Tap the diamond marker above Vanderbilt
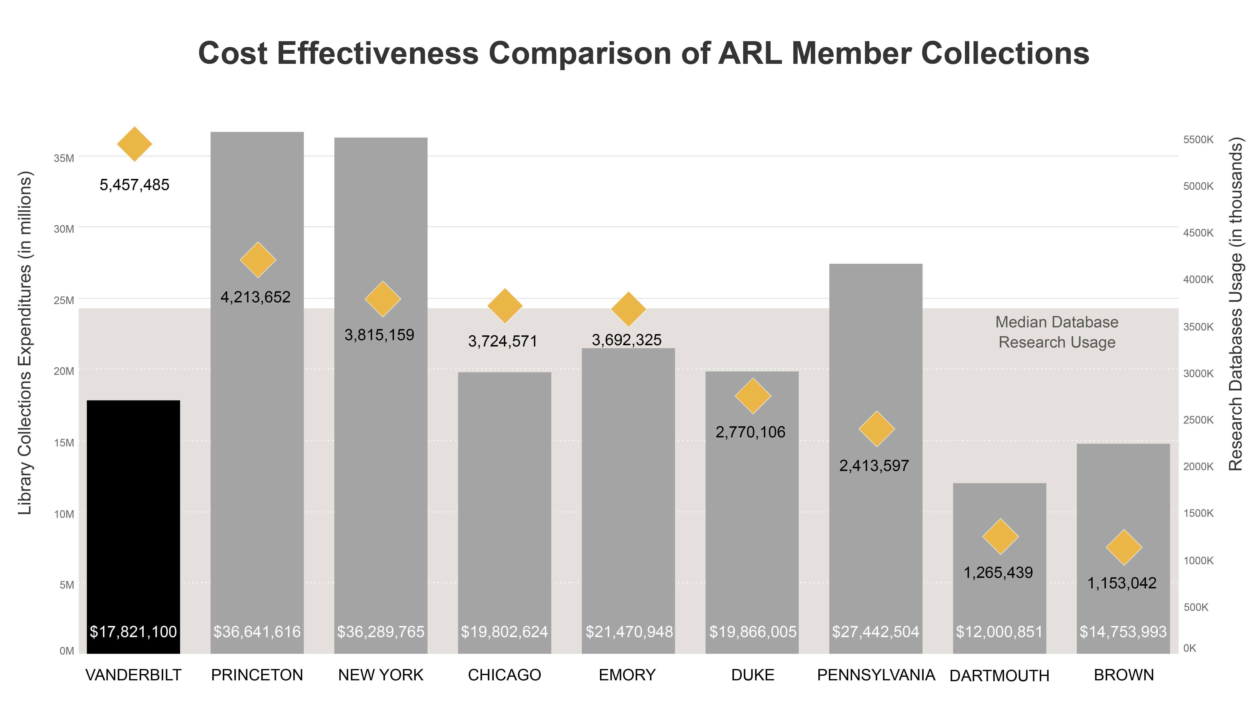point(134,144)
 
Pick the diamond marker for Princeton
point(258,260)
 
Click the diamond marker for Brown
point(1124,547)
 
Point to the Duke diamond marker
point(752,396)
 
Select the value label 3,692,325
point(626,340)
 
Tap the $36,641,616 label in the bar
point(257,632)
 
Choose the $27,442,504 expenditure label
point(875,632)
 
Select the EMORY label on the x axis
point(627,675)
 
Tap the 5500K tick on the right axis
point(1198,140)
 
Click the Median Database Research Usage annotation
point(1057,332)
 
